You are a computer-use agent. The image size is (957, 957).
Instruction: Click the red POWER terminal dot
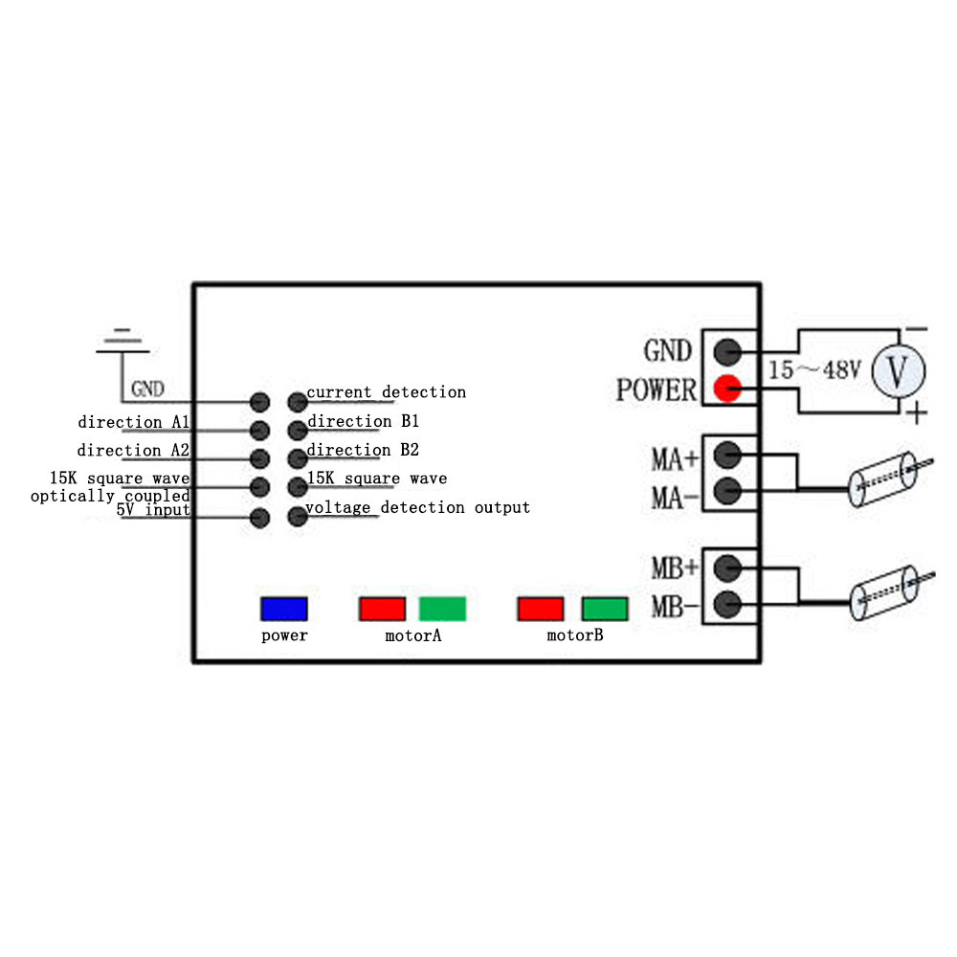pos(727,389)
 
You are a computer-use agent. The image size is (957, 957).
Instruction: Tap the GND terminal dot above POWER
pos(727,352)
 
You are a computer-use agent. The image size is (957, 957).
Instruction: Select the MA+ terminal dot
pos(727,455)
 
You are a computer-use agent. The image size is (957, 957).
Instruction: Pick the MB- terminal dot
pos(727,605)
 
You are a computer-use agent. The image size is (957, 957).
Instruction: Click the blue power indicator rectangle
pos(284,609)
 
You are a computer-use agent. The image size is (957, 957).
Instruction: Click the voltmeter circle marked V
pos(899,371)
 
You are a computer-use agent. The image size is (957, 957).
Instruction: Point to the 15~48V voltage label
pos(814,369)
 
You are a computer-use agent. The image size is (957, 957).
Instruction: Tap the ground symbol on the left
pos(122,341)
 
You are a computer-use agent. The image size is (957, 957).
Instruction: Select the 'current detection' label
pos(387,391)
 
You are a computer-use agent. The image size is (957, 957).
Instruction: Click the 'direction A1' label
pos(134,422)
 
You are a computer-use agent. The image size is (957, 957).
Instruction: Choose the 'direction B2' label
pos(363,450)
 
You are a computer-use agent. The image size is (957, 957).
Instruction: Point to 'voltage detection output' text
pos(418,507)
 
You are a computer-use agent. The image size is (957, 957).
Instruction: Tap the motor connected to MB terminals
pos(891,592)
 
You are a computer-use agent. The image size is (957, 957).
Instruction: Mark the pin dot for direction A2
pos(260,458)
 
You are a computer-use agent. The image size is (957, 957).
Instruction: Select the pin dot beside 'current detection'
pos(298,402)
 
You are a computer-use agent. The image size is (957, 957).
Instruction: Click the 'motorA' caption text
pos(413,635)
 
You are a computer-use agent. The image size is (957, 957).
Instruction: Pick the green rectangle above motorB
pos(604,609)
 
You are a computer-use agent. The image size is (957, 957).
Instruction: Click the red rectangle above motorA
pos(382,609)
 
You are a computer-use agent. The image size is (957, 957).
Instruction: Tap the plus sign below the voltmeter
pos(917,413)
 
